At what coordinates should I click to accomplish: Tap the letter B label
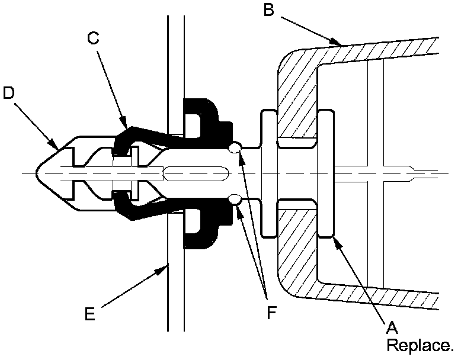pyautogui.click(x=268, y=10)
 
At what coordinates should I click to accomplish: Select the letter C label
pyautogui.click(x=92, y=38)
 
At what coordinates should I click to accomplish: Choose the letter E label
pyautogui.click(x=89, y=313)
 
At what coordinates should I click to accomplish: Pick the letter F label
pyautogui.click(x=271, y=312)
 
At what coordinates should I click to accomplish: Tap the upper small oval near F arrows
pyautogui.click(x=235, y=147)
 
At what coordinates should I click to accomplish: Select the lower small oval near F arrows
pyautogui.click(x=235, y=200)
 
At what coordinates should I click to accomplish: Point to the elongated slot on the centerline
pyautogui.click(x=196, y=173)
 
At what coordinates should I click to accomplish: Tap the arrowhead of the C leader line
pyautogui.click(x=126, y=126)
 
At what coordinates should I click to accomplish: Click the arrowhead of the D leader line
pyautogui.click(x=57, y=148)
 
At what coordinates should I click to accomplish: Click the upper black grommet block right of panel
pyautogui.click(x=204, y=118)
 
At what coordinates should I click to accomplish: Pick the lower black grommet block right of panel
pyautogui.click(x=204, y=228)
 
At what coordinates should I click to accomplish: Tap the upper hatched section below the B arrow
pyautogui.click(x=296, y=101)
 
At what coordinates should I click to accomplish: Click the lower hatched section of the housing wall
pyautogui.click(x=296, y=249)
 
